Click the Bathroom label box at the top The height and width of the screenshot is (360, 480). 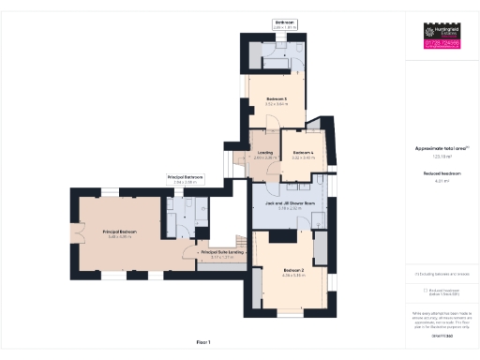point(284,23)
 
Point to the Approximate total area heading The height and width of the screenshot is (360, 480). point(441,149)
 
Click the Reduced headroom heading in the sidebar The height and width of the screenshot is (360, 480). point(441,174)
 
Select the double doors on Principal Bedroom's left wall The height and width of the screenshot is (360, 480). point(72,232)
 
